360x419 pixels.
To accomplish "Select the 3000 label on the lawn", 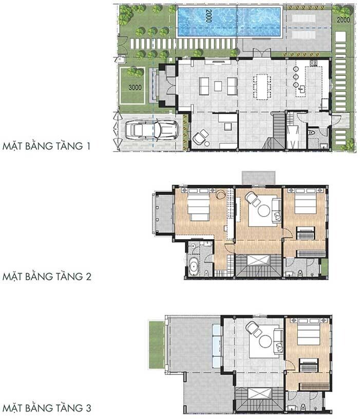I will coord(135,87).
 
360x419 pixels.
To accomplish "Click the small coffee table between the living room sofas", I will coord(218,86).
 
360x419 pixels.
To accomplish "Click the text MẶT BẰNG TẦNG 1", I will coord(46,146).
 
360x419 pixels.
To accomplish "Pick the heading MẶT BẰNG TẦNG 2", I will coord(47,277).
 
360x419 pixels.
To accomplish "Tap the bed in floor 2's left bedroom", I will coord(198,207).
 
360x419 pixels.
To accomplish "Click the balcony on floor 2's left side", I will coord(163,213).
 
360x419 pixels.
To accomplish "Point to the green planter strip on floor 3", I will coord(156,344).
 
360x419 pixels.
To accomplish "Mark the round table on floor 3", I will coord(265,341).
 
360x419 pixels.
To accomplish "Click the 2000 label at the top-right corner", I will coord(343,20).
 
